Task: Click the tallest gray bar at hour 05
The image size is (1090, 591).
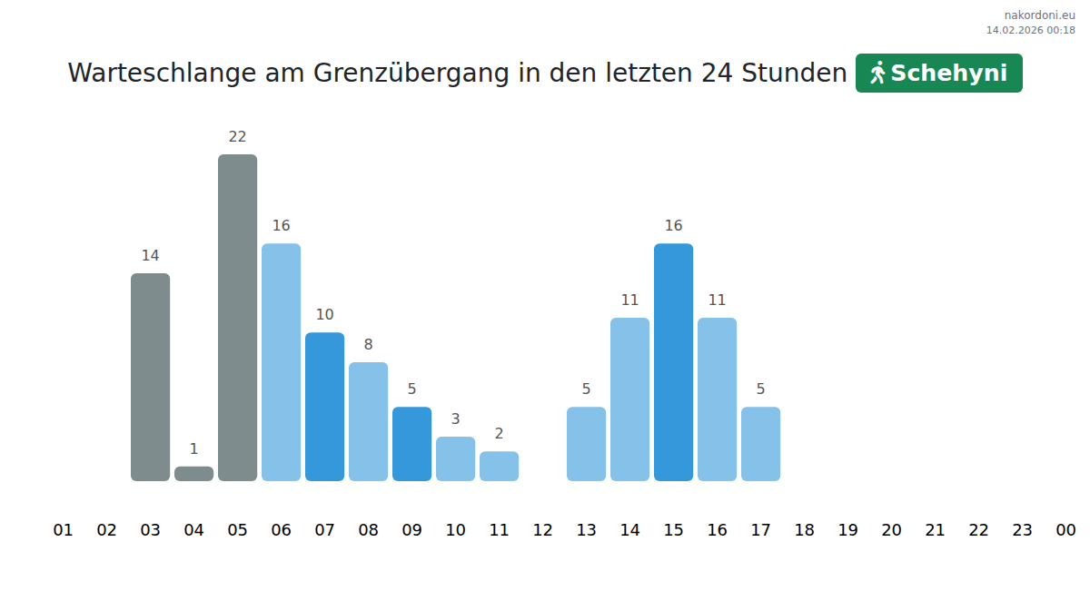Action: [237, 318]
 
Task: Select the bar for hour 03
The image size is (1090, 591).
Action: [150, 377]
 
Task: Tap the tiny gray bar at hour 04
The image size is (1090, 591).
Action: [193, 474]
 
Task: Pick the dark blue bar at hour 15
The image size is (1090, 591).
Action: [673, 362]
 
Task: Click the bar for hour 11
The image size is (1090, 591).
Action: [499, 466]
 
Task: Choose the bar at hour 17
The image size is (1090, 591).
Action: [760, 444]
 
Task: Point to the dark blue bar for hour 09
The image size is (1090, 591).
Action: [411, 444]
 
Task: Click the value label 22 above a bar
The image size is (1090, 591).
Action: [237, 137]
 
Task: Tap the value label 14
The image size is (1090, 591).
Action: [150, 256]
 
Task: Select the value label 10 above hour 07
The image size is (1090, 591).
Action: [324, 315]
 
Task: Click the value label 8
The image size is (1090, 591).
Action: [368, 345]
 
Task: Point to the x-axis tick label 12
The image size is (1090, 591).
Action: [542, 530]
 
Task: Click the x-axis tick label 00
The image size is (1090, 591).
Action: [1065, 530]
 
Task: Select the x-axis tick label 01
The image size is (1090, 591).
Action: [63, 530]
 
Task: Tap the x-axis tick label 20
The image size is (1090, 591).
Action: [891, 530]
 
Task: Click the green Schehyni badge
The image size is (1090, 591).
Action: [938, 74]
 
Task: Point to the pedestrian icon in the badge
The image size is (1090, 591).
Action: [877, 74]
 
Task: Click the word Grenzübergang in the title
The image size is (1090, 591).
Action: [411, 74]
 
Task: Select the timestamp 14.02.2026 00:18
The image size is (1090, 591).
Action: [1030, 30]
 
